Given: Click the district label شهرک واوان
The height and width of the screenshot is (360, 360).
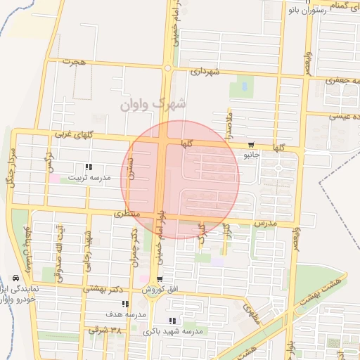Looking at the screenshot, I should point(153,104).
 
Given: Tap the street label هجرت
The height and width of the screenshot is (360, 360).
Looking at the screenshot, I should point(72,62).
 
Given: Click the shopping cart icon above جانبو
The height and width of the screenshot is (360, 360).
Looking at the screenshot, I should point(251,143).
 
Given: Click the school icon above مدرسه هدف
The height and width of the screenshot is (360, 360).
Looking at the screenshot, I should point(125,304).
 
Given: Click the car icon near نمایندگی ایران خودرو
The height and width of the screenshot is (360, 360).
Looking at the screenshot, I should point(16,278).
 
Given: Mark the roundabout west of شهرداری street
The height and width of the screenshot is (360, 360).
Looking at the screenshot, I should point(168,67).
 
